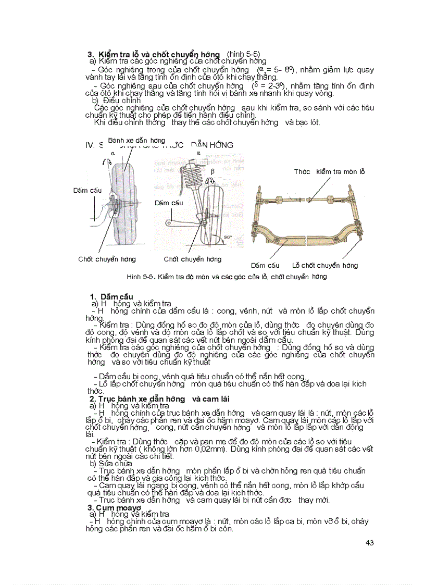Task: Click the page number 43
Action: [370, 543]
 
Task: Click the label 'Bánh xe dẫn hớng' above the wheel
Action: [136, 141]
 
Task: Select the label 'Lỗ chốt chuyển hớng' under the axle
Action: [325, 265]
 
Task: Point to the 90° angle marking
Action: [227, 237]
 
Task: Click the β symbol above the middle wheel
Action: [212, 171]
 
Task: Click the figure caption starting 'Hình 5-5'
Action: [227, 277]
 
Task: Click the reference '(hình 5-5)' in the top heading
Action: [243, 54]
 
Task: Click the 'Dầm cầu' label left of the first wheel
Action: [87, 191]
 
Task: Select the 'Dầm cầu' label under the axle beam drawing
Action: [265, 265]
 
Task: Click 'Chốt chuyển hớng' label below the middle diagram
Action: [192, 259]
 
